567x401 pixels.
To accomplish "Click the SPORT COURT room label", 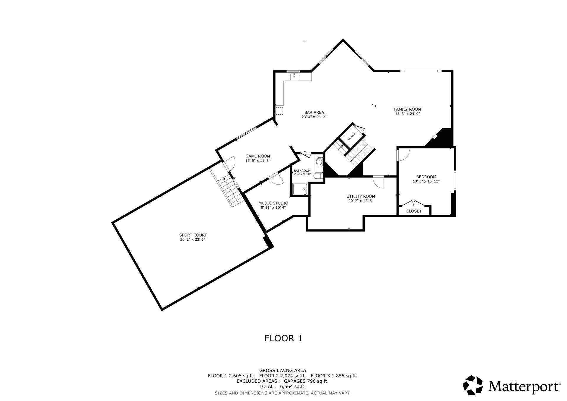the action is [193, 235].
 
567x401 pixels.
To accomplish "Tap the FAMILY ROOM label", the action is [408, 109].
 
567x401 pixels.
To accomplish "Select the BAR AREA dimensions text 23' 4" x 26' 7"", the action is [314, 117].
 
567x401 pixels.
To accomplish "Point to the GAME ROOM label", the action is [258, 156].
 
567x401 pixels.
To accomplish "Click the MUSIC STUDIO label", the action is [273, 203].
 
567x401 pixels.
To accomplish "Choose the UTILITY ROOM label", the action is [361, 196].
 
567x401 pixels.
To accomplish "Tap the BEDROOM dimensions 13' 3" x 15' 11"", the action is [426, 181].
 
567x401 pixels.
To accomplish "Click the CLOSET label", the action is [414, 211].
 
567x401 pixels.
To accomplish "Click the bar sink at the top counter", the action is [294, 77].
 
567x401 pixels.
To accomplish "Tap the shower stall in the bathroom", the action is [300, 189].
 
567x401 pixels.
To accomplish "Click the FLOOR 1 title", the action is [283, 338].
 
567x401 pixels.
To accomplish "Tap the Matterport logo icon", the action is [472, 385].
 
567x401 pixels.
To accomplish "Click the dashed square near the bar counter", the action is [279, 111].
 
